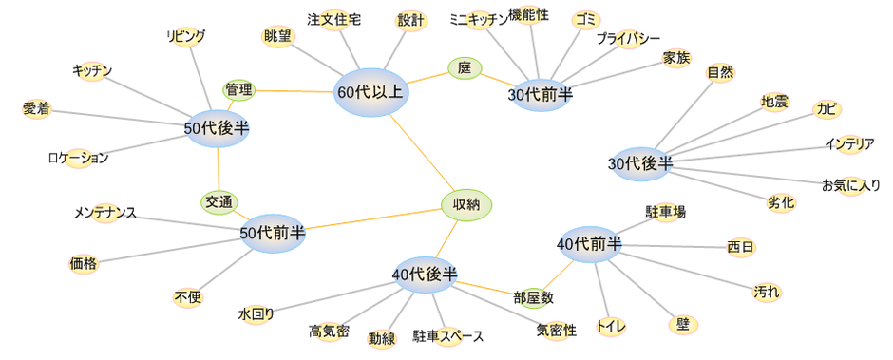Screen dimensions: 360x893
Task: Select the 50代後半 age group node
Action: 218,127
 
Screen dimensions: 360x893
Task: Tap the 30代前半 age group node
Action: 541,94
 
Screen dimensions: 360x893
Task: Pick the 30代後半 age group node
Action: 640,163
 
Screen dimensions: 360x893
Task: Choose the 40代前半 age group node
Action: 590,244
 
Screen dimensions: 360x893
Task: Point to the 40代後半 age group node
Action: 425,275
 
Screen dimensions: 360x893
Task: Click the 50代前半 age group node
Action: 273,232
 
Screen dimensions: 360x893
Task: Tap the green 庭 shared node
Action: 465,67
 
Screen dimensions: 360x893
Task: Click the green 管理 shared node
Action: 238,90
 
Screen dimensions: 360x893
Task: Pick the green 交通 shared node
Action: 219,201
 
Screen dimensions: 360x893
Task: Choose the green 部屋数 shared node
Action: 534,297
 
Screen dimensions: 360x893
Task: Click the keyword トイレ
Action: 610,327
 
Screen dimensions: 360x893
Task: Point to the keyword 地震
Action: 774,102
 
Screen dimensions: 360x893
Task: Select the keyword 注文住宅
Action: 333,20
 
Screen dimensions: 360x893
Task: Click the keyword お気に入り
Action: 850,184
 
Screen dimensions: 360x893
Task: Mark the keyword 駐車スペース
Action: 447,335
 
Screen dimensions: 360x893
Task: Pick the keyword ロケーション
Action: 78,158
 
